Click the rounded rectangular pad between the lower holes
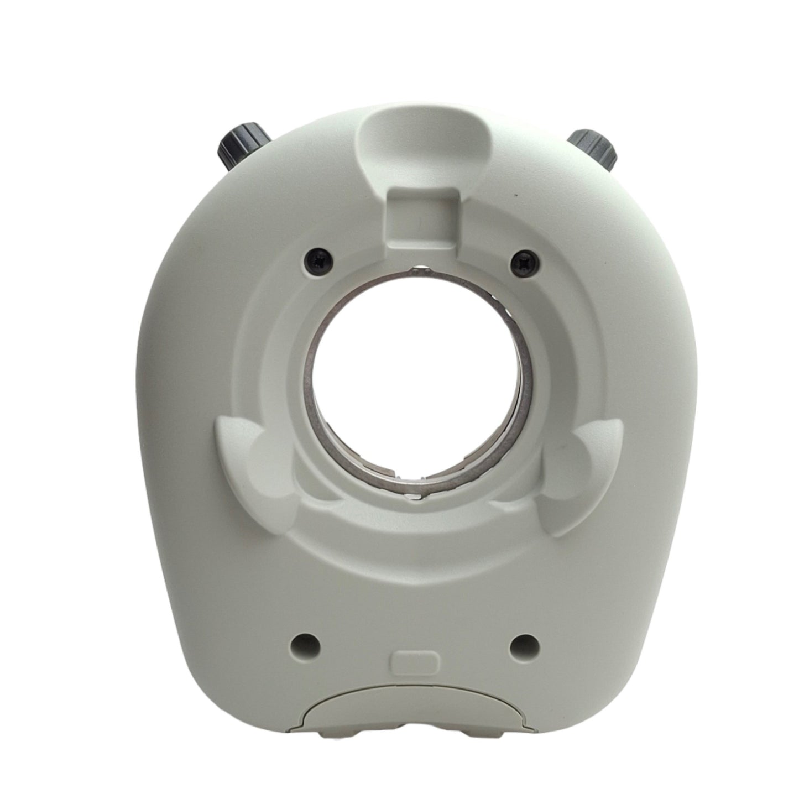pyautogui.click(x=415, y=661)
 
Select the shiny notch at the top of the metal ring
pyautogui.click(x=419, y=270)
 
